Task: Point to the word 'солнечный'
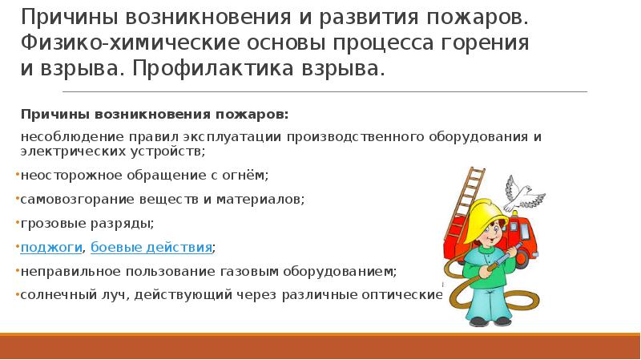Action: coord(54,294)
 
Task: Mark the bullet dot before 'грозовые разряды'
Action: coord(18,222)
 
